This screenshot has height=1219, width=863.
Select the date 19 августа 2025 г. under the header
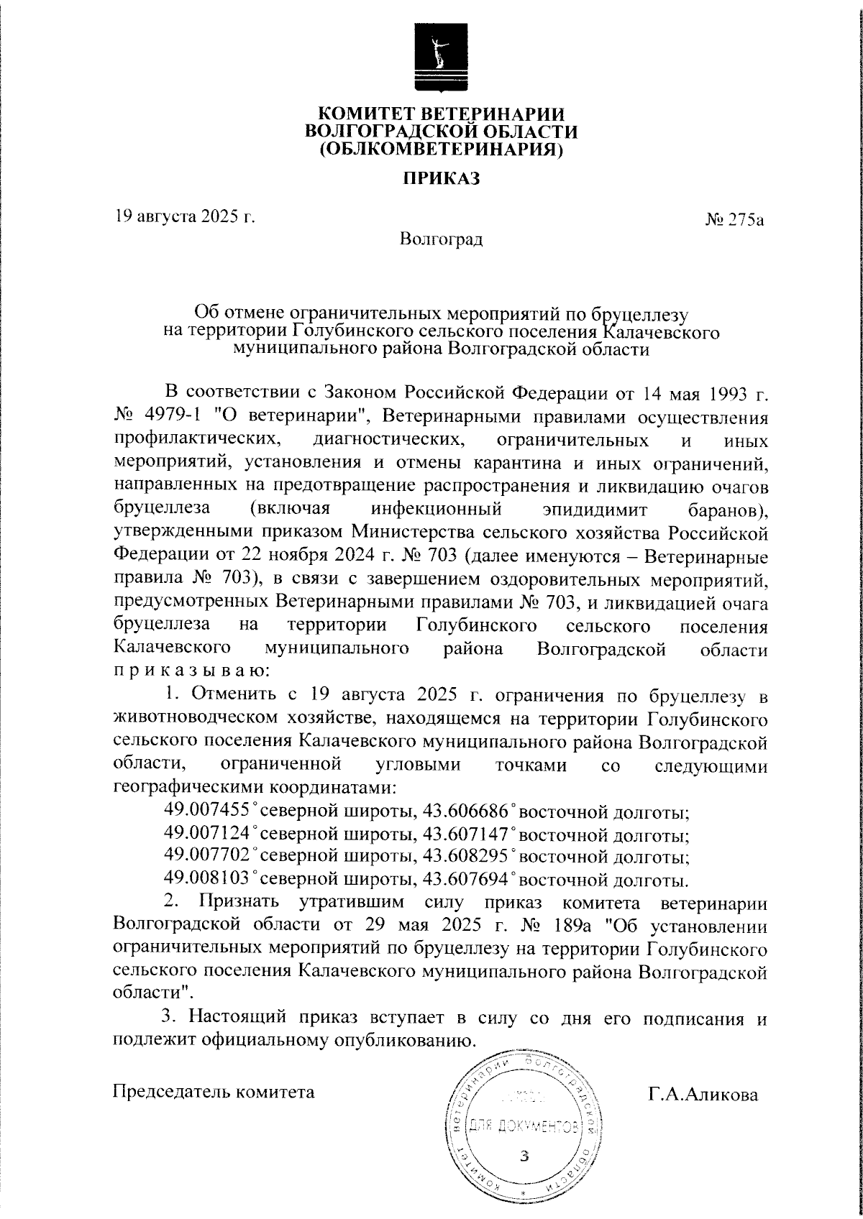click(x=186, y=216)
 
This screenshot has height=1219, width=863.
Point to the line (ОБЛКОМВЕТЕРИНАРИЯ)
click(x=441, y=149)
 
